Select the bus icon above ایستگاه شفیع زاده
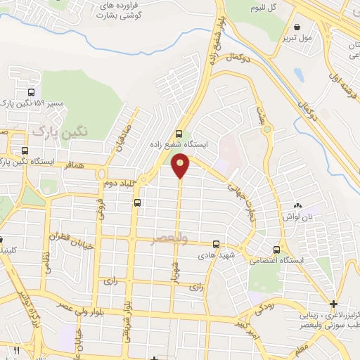[x=179, y=133]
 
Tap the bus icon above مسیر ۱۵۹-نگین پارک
[x=30, y=92]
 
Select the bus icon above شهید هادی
[x=216, y=245]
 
